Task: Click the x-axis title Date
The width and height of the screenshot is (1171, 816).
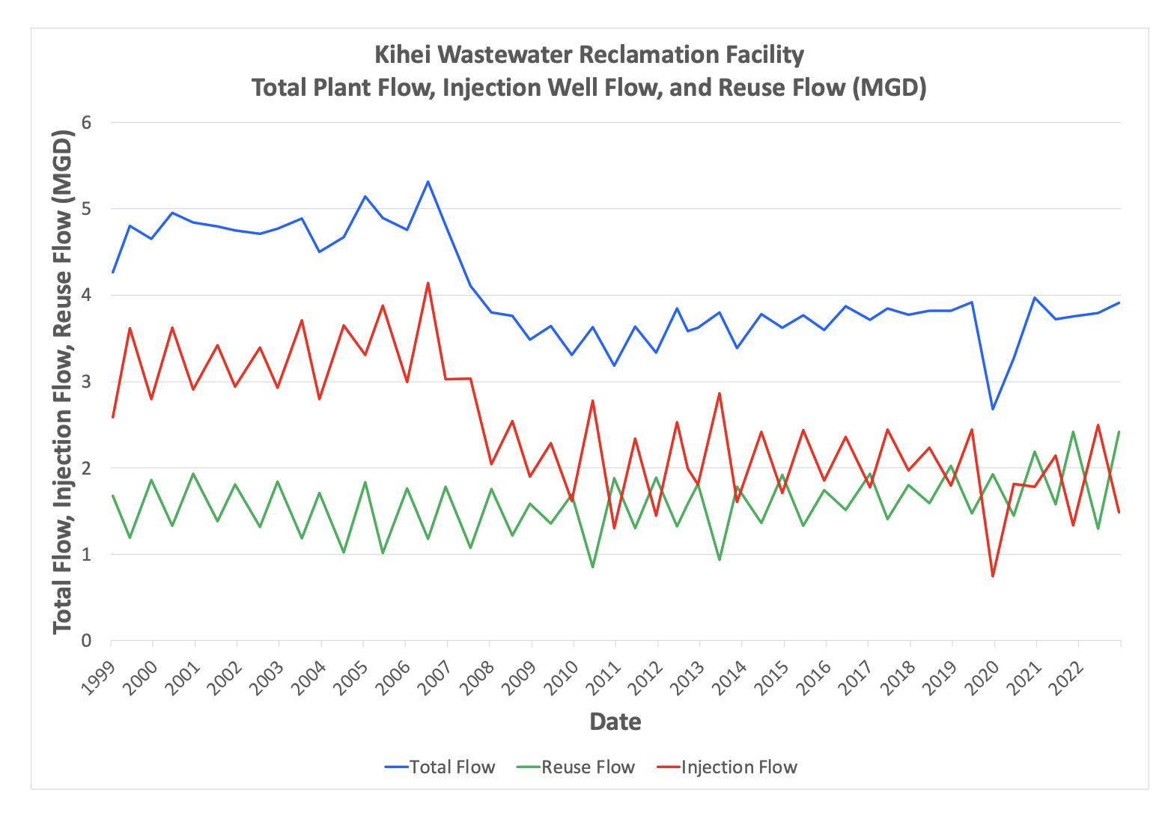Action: coord(615,722)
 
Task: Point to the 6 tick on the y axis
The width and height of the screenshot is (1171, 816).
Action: coord(86,122)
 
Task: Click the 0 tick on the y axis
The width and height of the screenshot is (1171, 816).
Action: coord(86,641)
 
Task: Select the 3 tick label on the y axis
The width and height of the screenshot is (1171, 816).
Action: coord(86,382)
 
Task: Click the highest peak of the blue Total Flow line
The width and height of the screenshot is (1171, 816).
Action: coord(428,181)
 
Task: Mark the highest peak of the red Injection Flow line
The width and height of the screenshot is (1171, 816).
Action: coord(428,283)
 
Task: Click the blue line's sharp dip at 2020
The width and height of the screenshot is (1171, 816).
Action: coord(993,409)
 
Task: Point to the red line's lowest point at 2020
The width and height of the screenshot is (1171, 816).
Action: coord(993,576)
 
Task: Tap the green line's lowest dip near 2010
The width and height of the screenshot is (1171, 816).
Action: coord(593,567)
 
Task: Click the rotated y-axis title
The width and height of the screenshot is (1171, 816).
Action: coord(63,382)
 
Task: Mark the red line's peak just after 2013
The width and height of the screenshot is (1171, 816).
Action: coord(720,393)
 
